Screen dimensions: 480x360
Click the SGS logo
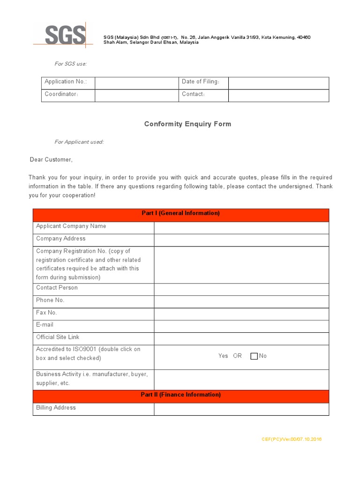[x=65, y=35]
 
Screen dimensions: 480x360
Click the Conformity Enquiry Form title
[x=187, y=124]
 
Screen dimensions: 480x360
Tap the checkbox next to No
[x=254, y=356]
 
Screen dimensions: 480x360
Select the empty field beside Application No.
[x=137, y=83]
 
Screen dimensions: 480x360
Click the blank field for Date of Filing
[x=278, y=83]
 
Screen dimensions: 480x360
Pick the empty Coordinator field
[x=137, y=96]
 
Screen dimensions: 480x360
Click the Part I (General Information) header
[x=180, y=213]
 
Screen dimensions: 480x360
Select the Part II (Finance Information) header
[x=180, y=395]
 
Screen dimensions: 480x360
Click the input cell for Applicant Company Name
[x=241, y=228]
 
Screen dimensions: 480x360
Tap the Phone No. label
[x=50, y=300]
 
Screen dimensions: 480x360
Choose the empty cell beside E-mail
[x=241, y=326]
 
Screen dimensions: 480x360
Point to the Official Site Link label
[x=58, y=337]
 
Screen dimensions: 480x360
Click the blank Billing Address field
[x=241, y=409]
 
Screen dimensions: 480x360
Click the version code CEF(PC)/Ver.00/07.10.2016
[x=292, y=439]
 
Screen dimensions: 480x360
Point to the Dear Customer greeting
[x=51, y=160]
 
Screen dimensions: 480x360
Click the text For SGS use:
[x=71, y=64]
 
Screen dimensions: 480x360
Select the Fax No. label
[x=46, y=312]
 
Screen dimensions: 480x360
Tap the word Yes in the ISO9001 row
[x=223, y=356]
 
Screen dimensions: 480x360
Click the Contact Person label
[x=57, y=287]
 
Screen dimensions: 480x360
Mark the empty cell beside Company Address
[x=241, y=240]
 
